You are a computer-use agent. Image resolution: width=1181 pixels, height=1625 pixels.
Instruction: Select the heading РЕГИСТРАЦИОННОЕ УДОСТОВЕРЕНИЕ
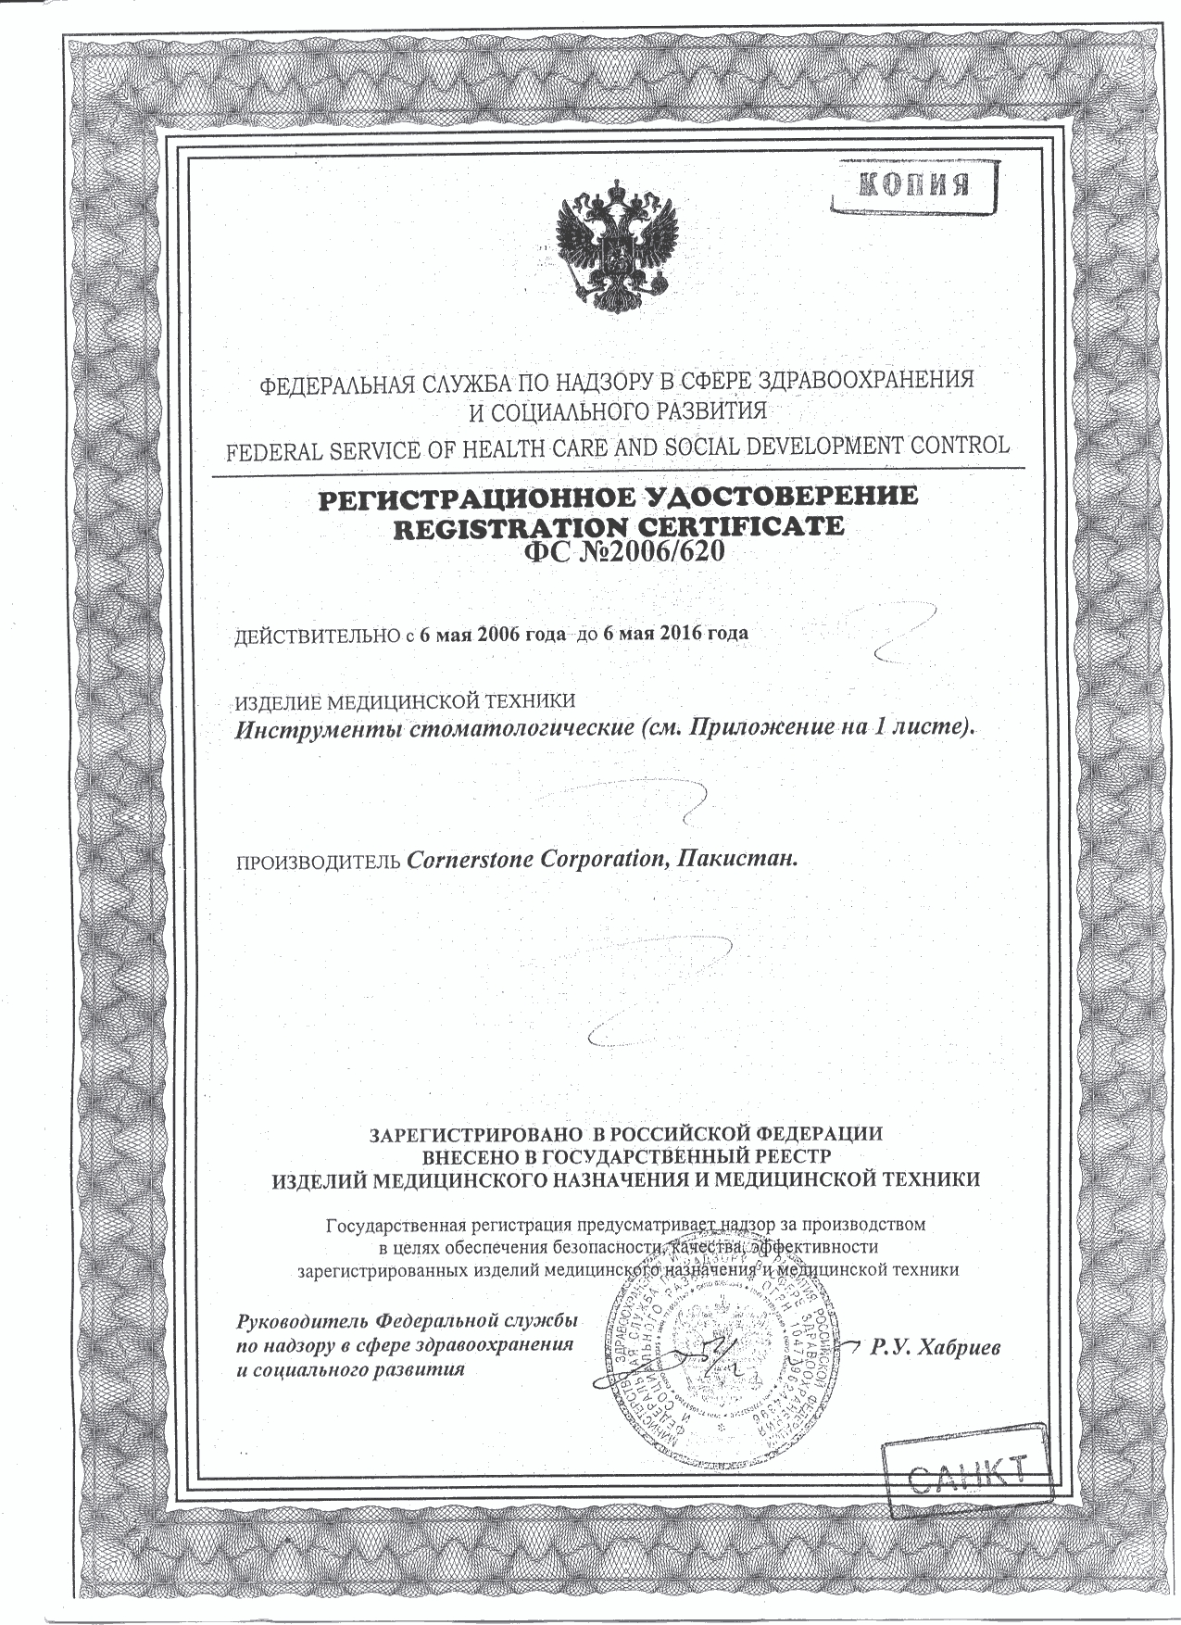tap(618, 498)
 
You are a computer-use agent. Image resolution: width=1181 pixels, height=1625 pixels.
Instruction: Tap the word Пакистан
tap(737, 859)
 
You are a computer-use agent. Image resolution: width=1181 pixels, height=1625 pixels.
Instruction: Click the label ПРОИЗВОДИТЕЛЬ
tap(320, 861)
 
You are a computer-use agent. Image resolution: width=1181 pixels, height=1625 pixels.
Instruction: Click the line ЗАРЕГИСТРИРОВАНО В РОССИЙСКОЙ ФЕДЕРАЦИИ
tap(627, 1133)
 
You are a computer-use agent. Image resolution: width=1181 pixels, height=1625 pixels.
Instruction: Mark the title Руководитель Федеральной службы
tap(408, 1319)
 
